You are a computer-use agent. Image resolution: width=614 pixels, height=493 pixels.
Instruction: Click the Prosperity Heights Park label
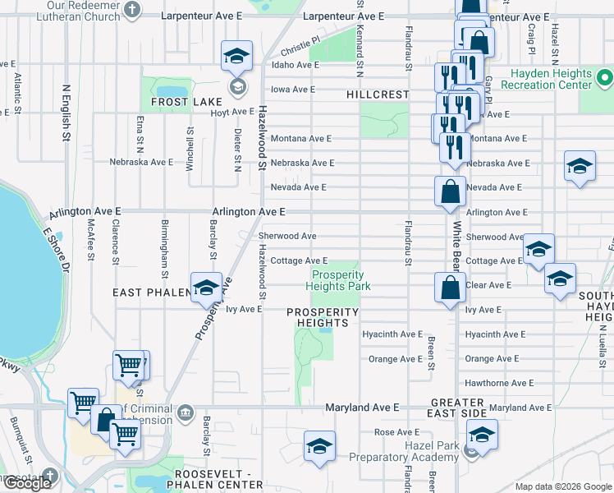(x=337, y=280)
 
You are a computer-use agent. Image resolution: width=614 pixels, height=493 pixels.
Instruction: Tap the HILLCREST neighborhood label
(x=378, y=94)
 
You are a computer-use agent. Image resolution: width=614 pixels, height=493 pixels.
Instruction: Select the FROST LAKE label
(x=180, y=102)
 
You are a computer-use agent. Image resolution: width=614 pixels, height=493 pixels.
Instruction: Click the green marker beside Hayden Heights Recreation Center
(x=605, y=79)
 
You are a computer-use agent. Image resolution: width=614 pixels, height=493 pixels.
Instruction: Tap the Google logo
(x=27, y=483)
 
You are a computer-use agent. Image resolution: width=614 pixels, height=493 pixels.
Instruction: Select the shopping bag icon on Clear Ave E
(x=450, y=288)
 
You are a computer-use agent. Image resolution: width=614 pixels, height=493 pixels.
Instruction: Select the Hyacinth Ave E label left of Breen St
(x=392, y=334)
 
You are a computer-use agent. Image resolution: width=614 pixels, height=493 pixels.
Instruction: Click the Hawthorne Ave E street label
(x=499, y=383)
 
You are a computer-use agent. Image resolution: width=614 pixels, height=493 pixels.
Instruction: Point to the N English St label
(x=66, y=115)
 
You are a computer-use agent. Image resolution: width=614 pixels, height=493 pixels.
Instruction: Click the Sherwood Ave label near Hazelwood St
(x=287, y=236)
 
